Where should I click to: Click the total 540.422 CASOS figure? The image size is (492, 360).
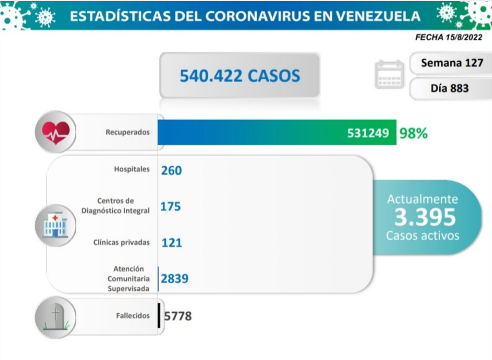pyautogui.click(x=240, y=76)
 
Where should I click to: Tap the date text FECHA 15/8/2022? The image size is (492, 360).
pyautogui.click(x=449, y=37)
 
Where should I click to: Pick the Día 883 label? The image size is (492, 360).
pyautogui.click(x=450, y=88)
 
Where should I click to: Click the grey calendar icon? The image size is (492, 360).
pyautogui.click(x=390, y=74)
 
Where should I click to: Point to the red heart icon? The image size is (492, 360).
pyautogui.click(x=56, y=132)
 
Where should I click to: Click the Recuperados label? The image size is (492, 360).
pyautogui.click(x=127, y=132)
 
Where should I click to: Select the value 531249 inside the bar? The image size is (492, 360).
pyautogui.click(x=368, y=133)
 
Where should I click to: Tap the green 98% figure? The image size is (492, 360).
pyautogui.click(x=413, y=133)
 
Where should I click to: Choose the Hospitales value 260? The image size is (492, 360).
pyautogui.click(x=171, y=171)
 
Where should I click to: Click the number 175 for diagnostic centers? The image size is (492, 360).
pyautogui.click(x=170, y=206)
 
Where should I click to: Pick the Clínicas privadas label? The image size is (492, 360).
pyautogui.click(x=121, y=242)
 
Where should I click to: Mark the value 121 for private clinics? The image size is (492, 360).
pyautogui.click(x=172, y=243)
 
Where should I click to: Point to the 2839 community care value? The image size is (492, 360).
pyautogui.click(x=175, y=279)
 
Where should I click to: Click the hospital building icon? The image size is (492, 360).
pyautogui.click(x=56, y=225)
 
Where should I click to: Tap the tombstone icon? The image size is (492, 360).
pyautogui.click(x=56, y=317)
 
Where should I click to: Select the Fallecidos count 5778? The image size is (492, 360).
pyautogui.click(x=178, y=316)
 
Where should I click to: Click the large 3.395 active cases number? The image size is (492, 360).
pyautogui.click(x=425, y=217)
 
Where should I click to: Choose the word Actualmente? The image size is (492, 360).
pyautogui.click(x=422, y=199)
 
